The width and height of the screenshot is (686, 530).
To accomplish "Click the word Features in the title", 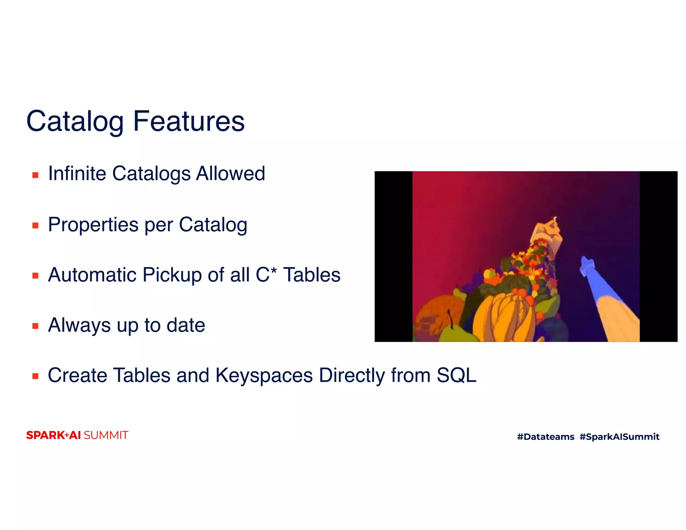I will click(189, 121).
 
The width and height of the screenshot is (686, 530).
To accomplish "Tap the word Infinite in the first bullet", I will click(77, 174).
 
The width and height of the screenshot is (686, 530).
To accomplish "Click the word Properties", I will click(93, 224).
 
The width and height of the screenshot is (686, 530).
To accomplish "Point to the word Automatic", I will click(92, 275).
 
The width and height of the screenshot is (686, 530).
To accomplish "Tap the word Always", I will click(79, 325).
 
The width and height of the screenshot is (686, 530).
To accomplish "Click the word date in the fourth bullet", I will click(186, 325).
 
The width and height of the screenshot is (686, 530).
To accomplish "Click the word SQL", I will click(456, 375).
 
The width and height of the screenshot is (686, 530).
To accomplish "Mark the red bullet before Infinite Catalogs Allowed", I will click(35, 175).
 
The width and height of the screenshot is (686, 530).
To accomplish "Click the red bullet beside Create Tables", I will click(35, 376).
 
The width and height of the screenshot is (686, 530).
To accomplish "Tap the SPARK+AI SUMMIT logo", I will click(77, 435).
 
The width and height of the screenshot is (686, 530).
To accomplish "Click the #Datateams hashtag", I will click(545, 437).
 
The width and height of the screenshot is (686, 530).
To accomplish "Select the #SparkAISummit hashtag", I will click(619, 437).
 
